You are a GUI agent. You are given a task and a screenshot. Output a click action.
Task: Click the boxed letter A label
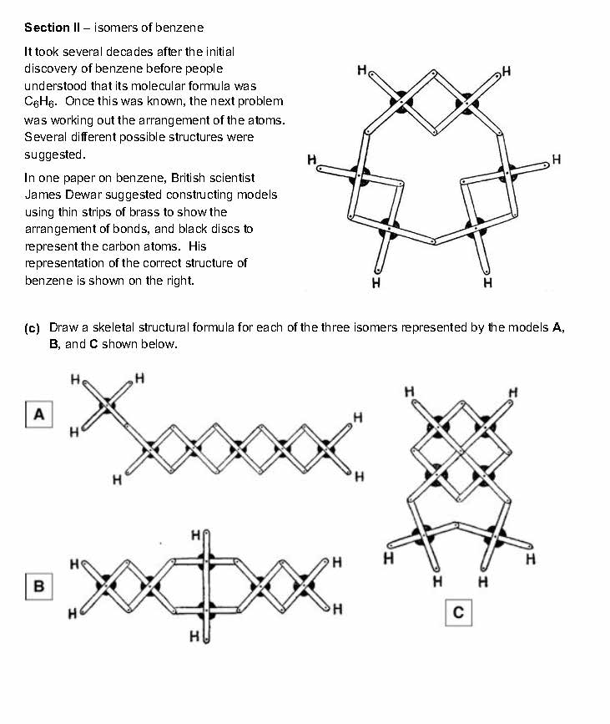click(x=38, y=414)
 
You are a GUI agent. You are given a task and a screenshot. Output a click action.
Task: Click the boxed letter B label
click(x=38, y=587)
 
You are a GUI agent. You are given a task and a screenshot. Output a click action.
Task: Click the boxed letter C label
click(x=458, y=614)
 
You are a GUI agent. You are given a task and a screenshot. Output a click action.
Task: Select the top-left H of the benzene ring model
click(x=361, y=70)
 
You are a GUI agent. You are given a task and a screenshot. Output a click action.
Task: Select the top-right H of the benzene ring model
click(x=507, y=70)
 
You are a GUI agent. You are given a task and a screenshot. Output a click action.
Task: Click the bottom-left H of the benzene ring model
click(x=376, y=282)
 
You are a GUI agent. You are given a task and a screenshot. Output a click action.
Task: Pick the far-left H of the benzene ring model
click(x=311, y=159)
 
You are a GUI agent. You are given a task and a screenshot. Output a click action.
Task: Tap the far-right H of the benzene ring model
click(x=557, y=159)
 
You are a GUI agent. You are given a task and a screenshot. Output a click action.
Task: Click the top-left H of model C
click(x=409, y=391)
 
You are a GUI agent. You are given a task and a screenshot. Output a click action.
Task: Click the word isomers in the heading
click(x=113, y=28)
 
